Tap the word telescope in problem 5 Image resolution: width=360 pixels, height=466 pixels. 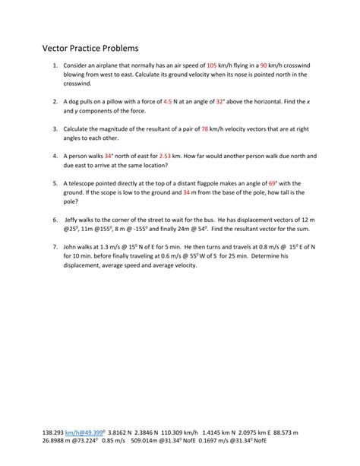(87, 183)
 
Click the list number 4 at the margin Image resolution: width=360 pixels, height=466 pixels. (56, 156)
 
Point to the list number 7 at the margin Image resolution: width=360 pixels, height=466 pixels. (56, 247)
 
